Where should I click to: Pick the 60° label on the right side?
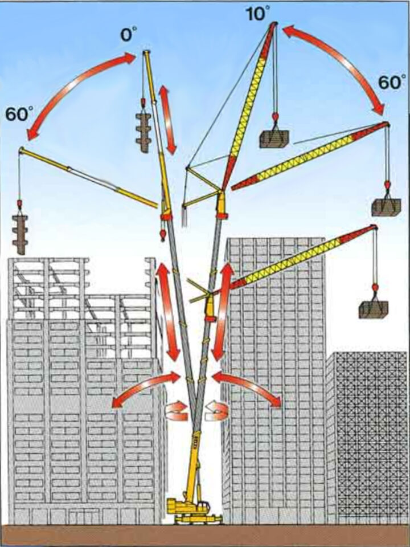click(391, 83)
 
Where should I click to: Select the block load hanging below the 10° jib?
click(274, 138)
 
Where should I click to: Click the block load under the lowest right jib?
click(373, 309)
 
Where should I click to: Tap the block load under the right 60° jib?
click(386, 206)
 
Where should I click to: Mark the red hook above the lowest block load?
click(374, 288)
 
